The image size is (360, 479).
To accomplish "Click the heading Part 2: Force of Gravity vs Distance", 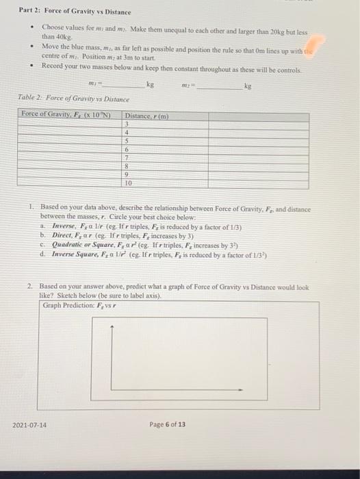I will [66, 13].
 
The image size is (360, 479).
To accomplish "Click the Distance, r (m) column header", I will [148, 116].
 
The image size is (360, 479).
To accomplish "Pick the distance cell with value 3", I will [127, 124].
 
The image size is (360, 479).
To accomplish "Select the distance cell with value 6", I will [127, 148].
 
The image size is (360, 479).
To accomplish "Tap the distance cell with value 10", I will [128, 183].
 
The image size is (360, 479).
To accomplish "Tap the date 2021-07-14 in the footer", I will [30, 425].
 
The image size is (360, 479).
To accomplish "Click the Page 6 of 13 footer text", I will [167, 425].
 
